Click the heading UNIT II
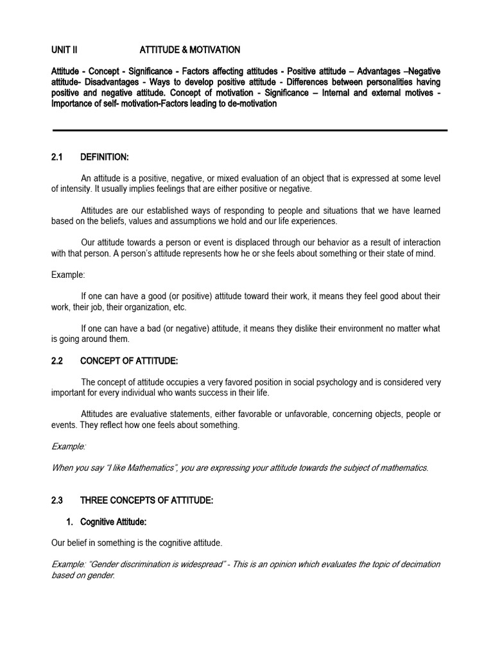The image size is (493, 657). [x=64, y=49]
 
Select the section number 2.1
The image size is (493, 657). [x=58, y=157]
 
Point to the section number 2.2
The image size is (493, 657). [x=58, y=361]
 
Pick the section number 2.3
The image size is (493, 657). [x=58, y=500]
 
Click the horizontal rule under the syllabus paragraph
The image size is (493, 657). [x=250, y=130]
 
